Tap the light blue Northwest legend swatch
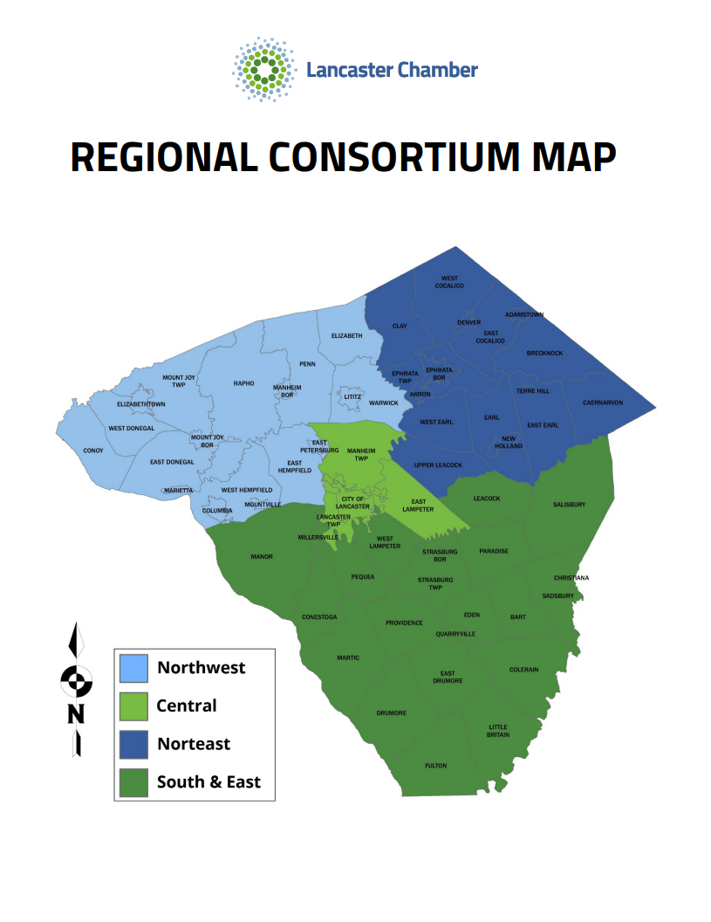click(133, 668)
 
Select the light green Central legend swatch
click(133, 705)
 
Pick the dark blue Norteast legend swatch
click(133, 744)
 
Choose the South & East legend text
click(209, 781)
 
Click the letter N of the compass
click(77, 714)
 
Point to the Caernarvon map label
click(603, 403)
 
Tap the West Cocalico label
click(450, 282)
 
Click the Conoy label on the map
click(93, 451)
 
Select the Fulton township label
click(435, 766)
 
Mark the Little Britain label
click(498, 731)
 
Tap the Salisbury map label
click(569, 505)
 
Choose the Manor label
click(262, 556)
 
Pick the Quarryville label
click(455, 634)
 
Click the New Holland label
click(509, 442)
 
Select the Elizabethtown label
click(141, 404)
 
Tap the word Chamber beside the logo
click(438, 70)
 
